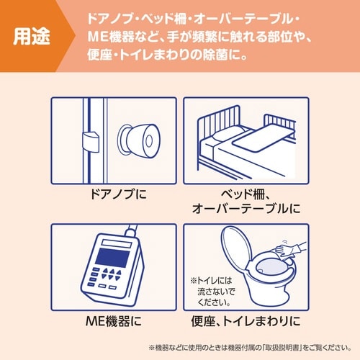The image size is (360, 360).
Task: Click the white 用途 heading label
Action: point(32,36)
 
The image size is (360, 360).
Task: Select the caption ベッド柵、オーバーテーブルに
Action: point(246,201)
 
